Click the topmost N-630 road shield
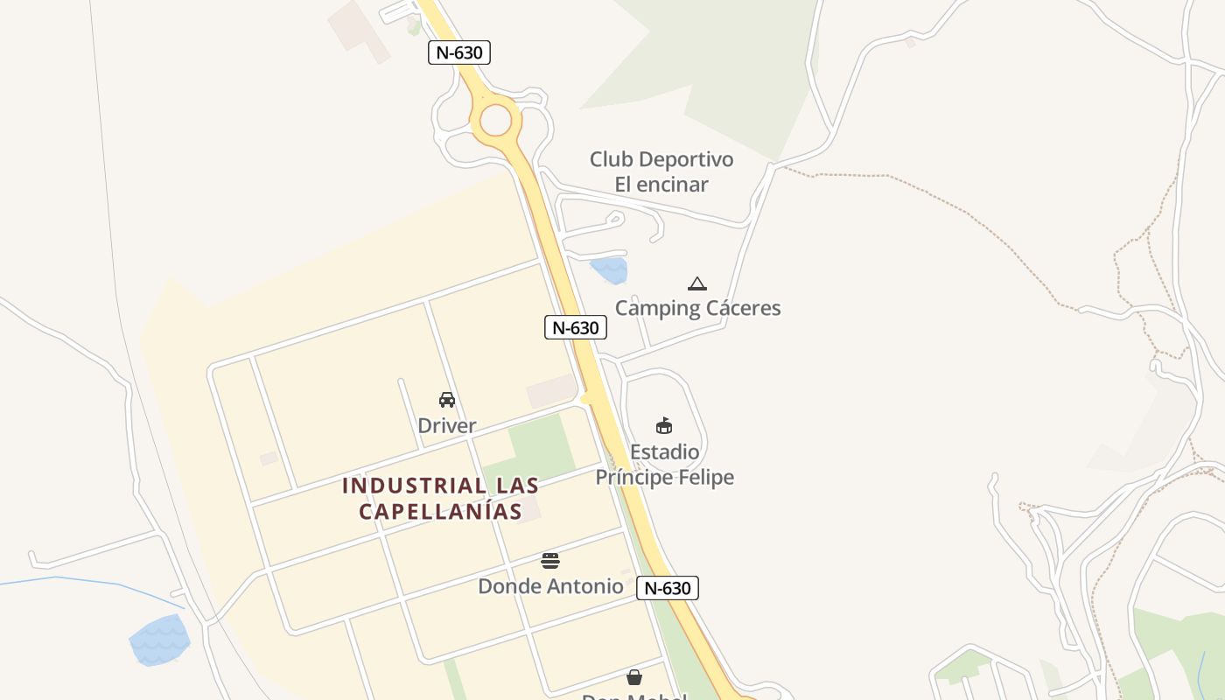pos(459,52)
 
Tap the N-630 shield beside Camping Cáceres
pos(575,328)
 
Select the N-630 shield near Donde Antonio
pos(667,588)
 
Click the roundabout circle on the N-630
pos(495,120)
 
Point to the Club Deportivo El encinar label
pos(661,171)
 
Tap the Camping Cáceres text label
pos(697,308)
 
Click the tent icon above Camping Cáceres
pos(696,283)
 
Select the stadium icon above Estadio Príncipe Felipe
pos(664,426)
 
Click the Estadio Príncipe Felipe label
pos(664,465)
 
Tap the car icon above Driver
pos(447,400)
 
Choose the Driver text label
pos(447,426)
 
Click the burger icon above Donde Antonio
pos(550,561)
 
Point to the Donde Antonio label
pos(550,586)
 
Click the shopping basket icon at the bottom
pos(634,677)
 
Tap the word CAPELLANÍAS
pos(440,511)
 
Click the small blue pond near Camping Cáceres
pos(609,269)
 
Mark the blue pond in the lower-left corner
pos(159,639)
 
